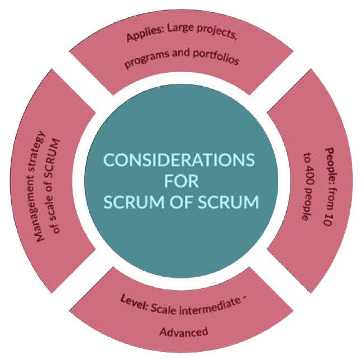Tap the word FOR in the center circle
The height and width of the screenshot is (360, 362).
pyautogui.click(x=180, y=181)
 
